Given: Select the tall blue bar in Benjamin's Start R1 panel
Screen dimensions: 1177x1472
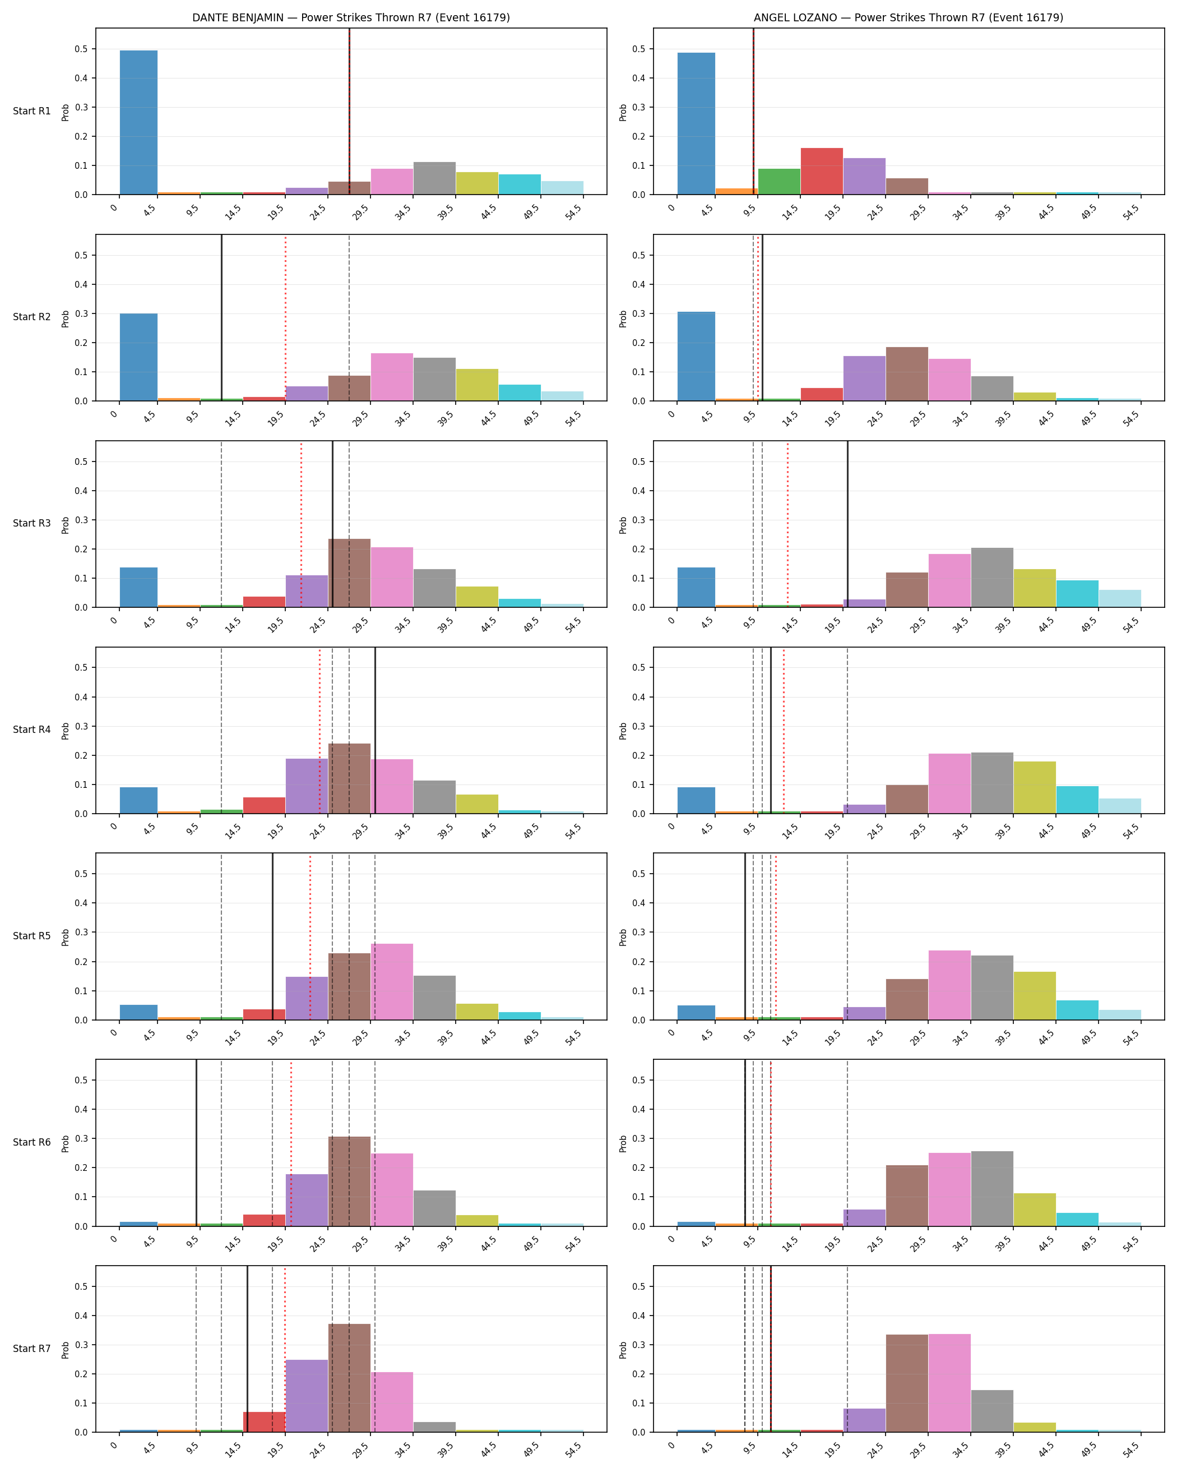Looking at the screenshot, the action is [x=138, y=122].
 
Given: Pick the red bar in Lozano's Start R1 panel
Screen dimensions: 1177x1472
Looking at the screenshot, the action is [x=822, y=172].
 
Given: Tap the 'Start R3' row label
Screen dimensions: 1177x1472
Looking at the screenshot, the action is [x=32, y=523].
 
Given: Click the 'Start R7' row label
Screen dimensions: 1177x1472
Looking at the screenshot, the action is [x=32, y=1349].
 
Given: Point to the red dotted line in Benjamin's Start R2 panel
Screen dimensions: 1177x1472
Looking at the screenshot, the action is [x=285, y=318].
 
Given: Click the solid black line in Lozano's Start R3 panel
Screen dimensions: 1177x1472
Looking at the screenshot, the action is [x=847, y=524].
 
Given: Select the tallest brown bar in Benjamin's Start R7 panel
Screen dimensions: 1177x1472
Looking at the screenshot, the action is [x=349, y=1378].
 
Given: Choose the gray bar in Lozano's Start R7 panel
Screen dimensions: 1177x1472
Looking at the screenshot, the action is [x=992, y=1410].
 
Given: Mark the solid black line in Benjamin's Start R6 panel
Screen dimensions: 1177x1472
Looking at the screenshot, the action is [x=197, y=1143].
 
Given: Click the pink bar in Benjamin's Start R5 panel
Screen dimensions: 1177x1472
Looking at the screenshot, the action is [x=392, y=982].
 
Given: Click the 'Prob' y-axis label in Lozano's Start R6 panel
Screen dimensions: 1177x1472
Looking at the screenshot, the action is [x=623, y=1143].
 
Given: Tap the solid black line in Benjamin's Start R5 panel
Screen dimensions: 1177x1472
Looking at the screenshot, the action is [x=272, y=936].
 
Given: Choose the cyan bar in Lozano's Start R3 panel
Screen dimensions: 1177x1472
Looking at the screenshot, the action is [x=1077, y=594].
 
